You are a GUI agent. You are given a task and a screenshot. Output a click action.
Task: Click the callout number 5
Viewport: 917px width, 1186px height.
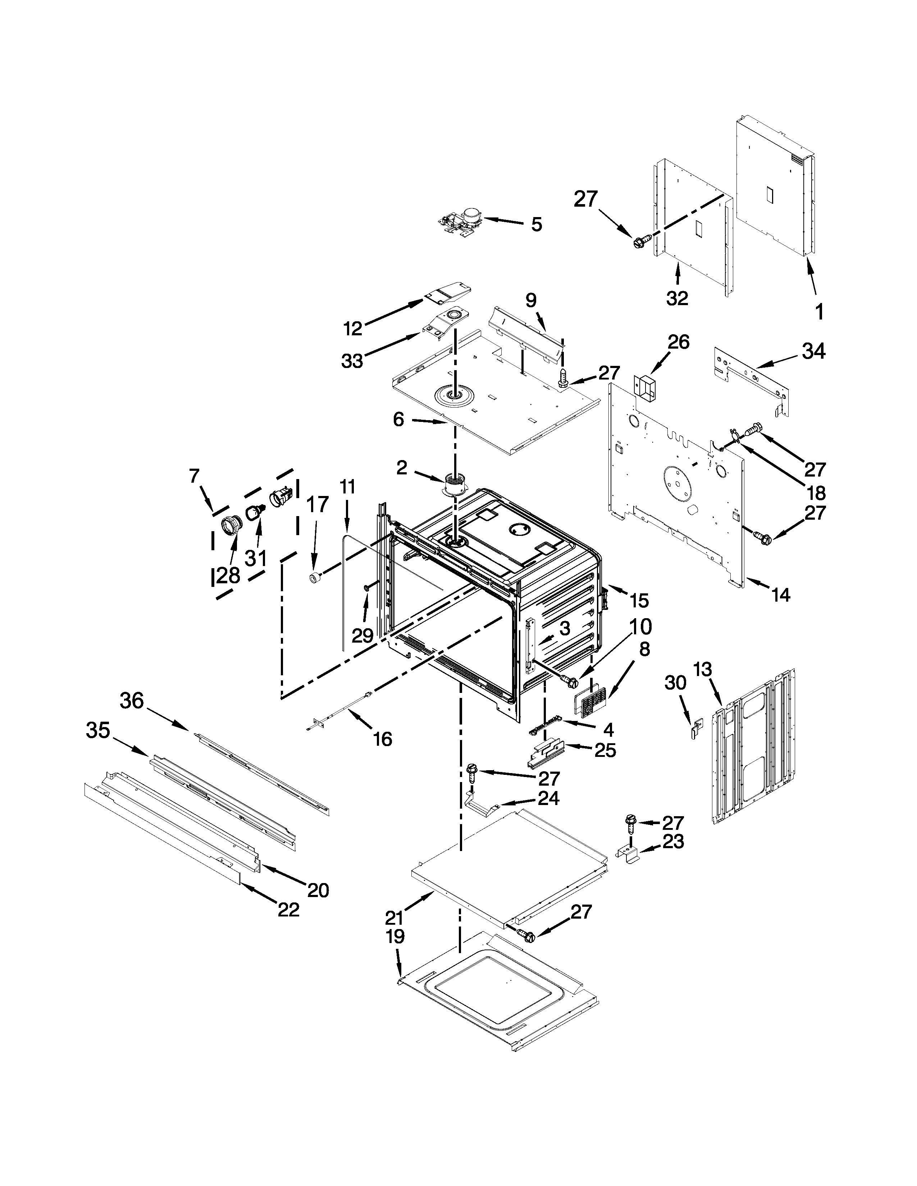(536, 224)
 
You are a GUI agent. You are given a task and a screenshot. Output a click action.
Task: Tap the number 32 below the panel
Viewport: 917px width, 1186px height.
(677, 298)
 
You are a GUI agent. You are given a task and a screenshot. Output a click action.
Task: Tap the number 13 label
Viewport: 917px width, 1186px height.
(702, 670)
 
